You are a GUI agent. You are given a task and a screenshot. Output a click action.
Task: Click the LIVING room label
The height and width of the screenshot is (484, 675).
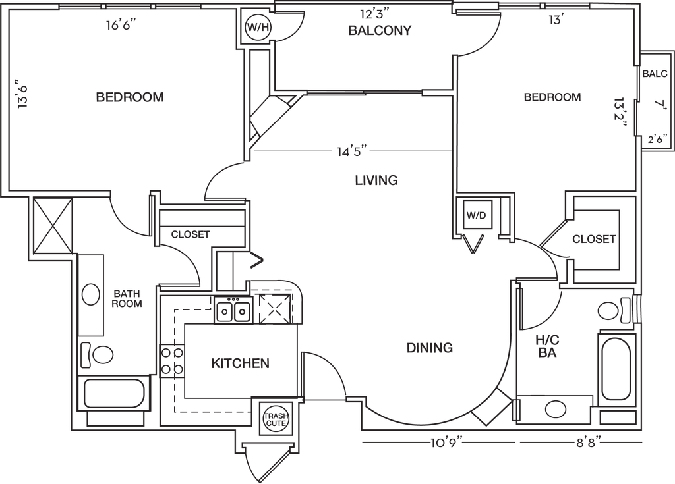376,180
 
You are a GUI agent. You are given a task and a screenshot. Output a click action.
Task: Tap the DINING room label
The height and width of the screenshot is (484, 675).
430,347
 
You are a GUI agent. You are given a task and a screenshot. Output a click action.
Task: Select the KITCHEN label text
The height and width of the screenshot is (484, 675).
240,363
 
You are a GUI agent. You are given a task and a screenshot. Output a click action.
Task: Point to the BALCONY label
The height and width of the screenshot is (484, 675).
380,30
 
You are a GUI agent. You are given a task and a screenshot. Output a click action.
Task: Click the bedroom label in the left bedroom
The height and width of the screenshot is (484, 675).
129,97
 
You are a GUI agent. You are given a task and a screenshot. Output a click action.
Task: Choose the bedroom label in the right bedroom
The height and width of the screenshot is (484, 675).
552,97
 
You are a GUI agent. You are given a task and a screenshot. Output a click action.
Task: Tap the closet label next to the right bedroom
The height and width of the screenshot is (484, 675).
594,239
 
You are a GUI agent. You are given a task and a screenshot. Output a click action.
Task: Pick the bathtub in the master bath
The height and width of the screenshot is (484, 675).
616,369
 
